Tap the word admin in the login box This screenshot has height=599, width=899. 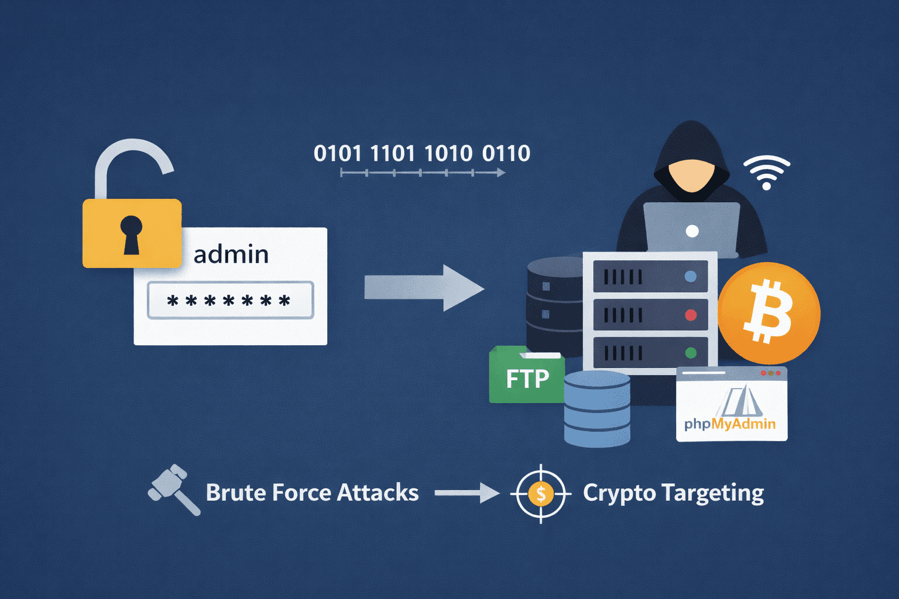click(231, 254)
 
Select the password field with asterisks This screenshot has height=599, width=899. click(230, 301)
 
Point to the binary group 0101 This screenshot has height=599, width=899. click(338, 153)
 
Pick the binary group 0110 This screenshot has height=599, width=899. click(506, 153)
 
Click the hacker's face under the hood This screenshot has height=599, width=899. click(692, 174)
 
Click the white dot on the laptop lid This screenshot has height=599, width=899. click(692, 231)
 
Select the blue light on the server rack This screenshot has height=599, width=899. click(691, 277)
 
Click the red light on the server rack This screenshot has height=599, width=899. click(691, 315)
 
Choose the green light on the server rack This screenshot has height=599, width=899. click(691, 353)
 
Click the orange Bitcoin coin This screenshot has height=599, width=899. click(768, 314)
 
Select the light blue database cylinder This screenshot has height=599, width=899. click(597, 409)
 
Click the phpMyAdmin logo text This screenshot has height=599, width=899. click(730, 424)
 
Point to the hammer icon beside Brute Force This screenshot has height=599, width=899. click(173, 489)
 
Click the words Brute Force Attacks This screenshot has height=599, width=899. click(312, 493)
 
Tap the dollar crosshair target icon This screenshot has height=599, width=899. click(540, 494)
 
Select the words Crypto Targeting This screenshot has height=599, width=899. click(673, 493)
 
